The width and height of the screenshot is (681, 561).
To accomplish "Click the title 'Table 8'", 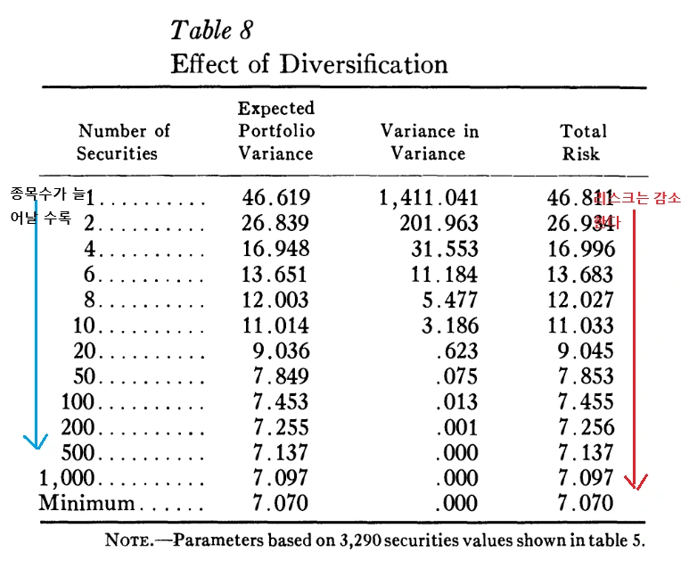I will click(211, 29).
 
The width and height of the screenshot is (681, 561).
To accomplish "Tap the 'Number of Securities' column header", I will click(123, 142).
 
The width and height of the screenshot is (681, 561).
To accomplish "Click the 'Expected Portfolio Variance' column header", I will click(276, 130).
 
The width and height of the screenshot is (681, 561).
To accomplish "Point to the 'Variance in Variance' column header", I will click(429, 142).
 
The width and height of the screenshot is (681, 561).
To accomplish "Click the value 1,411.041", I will click(429, 198).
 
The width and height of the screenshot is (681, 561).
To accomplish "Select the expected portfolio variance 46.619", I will click(275, 198).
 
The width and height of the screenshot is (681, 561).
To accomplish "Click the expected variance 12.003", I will click(275, 300).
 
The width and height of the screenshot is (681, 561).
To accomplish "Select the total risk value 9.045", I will click(586, 351).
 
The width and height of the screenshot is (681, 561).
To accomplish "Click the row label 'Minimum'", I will click(86, 503).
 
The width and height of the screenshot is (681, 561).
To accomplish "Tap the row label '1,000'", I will click(66, 478).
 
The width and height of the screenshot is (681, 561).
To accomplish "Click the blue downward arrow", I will click(35, 330).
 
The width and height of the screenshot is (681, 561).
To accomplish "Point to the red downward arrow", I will click(635, 357).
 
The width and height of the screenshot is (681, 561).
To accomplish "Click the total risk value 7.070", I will click(586, 503).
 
